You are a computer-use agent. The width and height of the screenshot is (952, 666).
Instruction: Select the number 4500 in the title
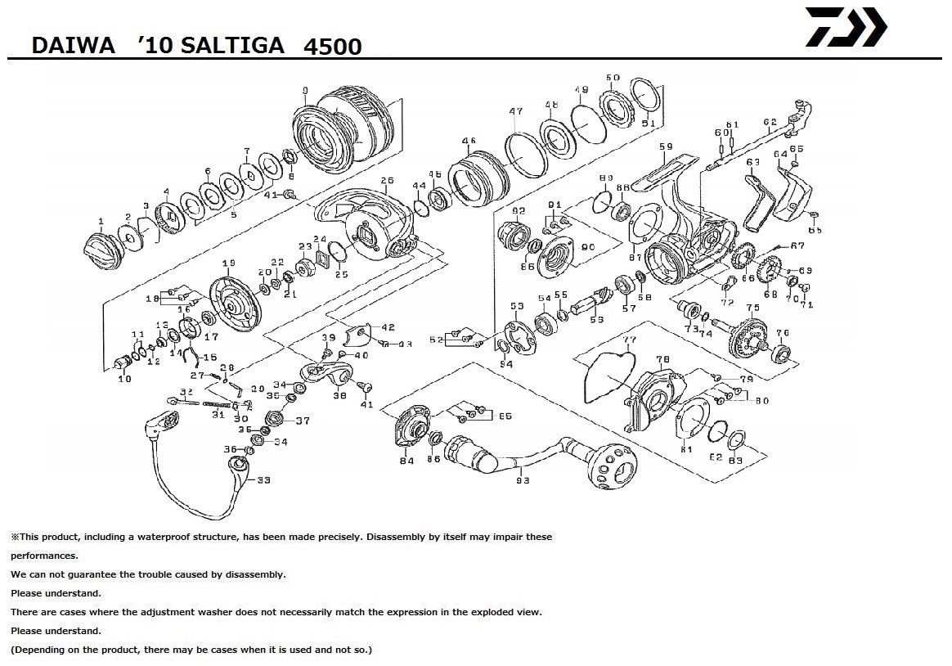tap(332, 46)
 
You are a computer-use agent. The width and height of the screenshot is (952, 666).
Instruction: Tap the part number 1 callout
tap(101, 221)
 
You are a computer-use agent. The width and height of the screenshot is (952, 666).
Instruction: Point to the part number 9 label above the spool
tap(304, 90)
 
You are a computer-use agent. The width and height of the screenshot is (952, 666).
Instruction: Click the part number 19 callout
tap(228, 263)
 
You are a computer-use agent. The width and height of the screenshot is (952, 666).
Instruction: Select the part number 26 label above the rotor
tap(387, 181)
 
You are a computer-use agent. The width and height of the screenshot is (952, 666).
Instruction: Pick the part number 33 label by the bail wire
tap(263, 480)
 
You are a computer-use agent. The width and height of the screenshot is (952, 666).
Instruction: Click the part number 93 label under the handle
tap(523, 481)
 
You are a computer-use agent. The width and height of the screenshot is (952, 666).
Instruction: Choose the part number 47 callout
tap(515, 111)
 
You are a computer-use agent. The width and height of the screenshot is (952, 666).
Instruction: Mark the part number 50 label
tap(613, 78)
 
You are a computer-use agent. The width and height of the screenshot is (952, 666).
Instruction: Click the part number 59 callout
tap(666, 147)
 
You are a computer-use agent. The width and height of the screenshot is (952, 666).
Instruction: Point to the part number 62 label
tap(769, 123)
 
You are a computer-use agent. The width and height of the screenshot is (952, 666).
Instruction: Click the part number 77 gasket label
tap(629, 340)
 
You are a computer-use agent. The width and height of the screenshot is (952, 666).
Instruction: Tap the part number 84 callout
tap(406, 461)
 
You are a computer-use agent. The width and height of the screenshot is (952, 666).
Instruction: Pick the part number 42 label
tap(388, 327)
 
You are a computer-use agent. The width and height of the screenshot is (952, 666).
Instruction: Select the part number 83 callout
tap(735, 461)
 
